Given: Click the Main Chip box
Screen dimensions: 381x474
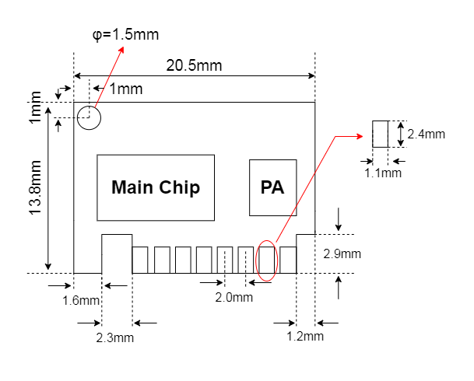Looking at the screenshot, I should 155,187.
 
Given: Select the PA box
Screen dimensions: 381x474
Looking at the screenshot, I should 272,187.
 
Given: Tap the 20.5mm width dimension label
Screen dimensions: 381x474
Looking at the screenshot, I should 194,65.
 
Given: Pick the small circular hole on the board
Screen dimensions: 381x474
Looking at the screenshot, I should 89,117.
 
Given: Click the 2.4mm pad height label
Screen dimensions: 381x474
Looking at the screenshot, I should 426,134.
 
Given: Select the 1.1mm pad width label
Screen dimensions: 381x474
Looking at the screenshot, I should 383,173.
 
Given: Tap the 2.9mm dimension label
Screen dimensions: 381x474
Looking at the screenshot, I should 342,253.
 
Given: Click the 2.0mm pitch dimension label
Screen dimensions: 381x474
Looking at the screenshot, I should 234,297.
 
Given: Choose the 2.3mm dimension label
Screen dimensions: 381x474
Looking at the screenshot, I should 115,337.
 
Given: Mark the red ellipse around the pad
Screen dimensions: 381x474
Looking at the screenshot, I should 267,260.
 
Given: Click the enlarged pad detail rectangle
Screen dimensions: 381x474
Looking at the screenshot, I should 380,134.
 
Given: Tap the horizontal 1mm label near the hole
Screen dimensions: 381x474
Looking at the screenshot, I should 125,89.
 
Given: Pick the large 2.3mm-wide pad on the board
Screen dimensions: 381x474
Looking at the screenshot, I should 117,253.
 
